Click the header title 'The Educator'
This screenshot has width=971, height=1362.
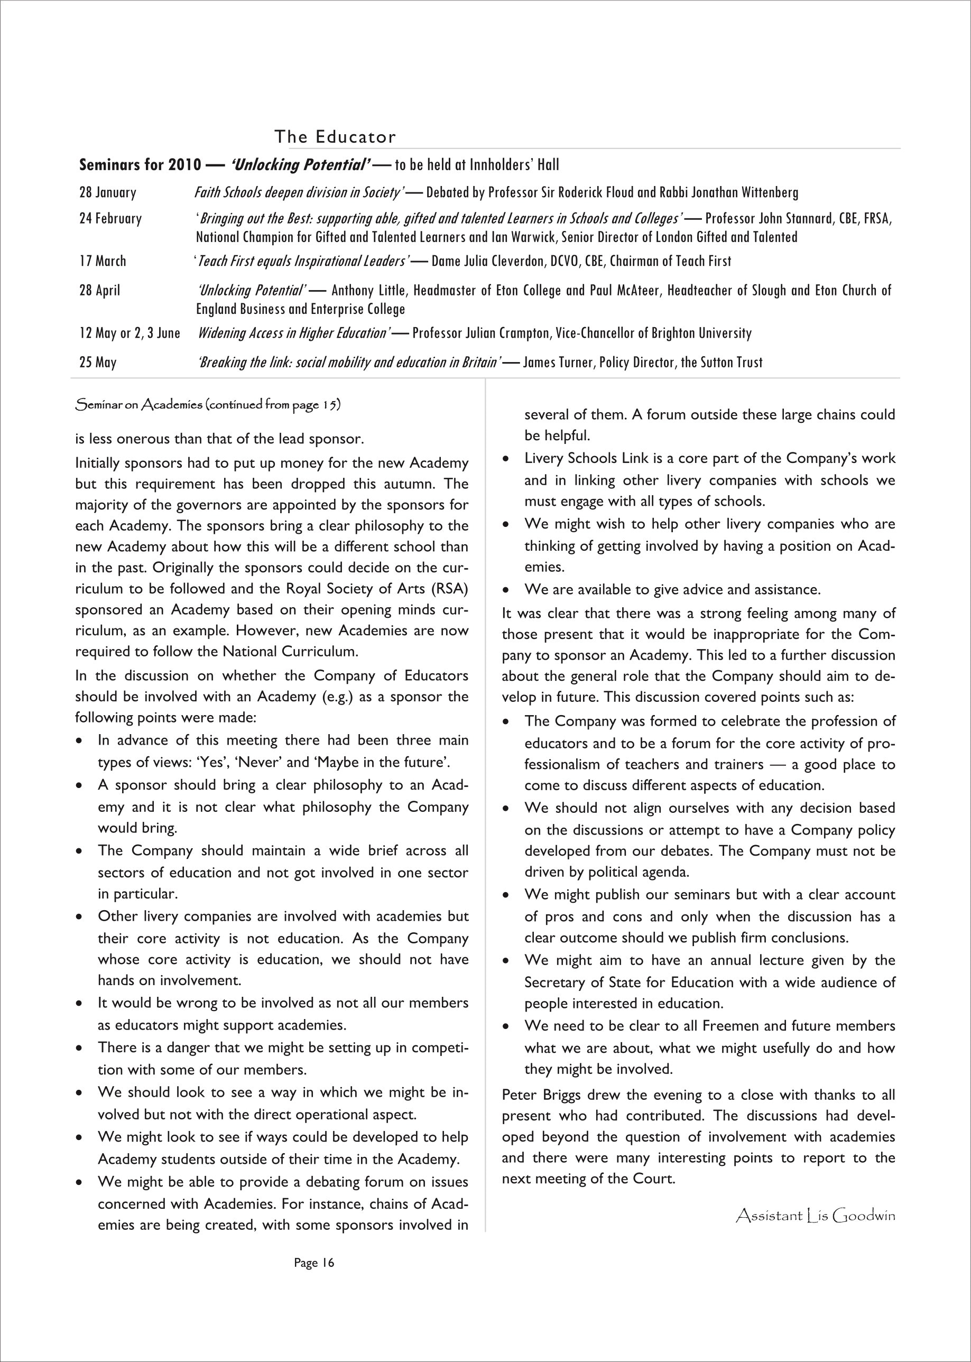[335, 137]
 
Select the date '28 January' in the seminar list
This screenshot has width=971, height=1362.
[108, 192]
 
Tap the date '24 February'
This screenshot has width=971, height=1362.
[110, 218]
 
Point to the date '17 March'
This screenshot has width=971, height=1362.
[103, 261]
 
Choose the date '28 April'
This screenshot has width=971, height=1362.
[100, 291]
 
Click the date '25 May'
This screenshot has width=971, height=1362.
[98, 363]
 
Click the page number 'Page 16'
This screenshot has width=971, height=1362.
[314, 1263]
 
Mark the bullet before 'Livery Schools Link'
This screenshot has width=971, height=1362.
[506, 459]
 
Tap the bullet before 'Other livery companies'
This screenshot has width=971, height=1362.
[79, 917]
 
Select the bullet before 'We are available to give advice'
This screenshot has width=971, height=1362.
[506, 590]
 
